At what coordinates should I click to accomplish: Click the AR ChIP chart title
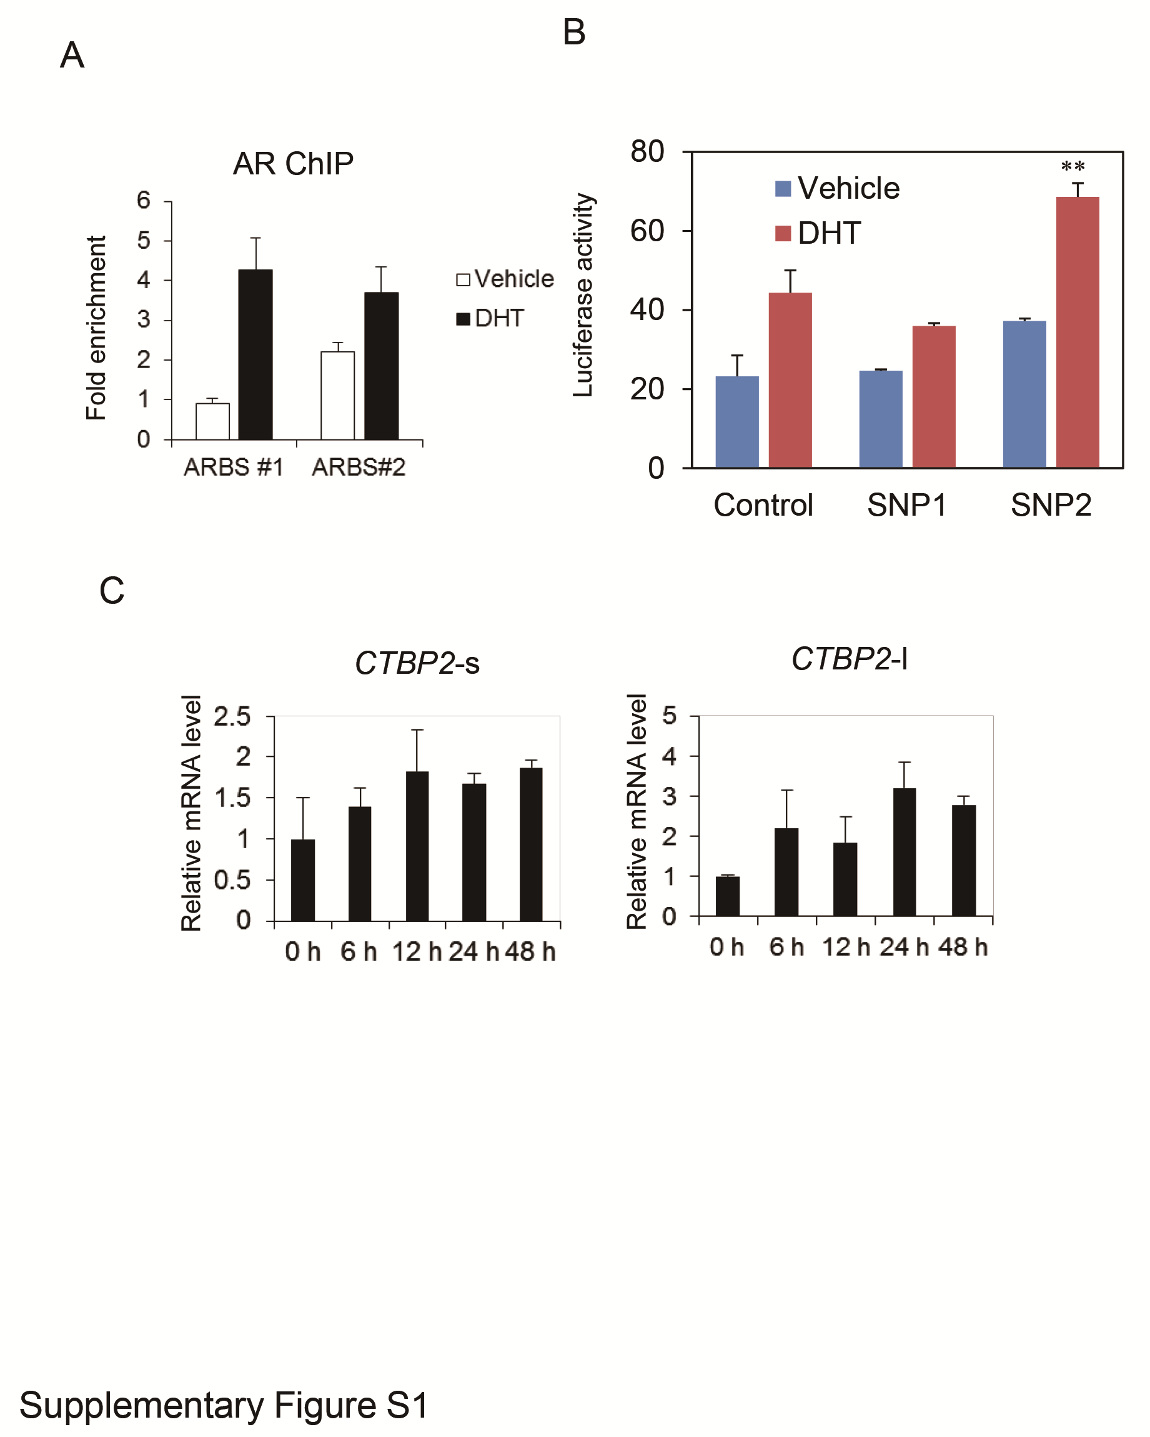(293, 164)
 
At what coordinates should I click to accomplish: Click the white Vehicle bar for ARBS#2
(337, 395)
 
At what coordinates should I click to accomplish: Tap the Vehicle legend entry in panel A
(505, 279)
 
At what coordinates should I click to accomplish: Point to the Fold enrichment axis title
(97, 328)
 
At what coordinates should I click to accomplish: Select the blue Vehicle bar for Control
(736, 421)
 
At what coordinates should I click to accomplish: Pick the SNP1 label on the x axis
(906, 505)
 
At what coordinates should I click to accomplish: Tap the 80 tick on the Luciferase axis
(647, 152)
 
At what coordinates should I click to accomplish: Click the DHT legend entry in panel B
(819, 233)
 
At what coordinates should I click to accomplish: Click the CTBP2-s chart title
(417, 663)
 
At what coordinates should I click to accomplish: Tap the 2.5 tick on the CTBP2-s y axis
(232, 717)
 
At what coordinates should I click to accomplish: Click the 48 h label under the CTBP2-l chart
(962, 946)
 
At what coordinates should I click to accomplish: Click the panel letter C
(112, 591)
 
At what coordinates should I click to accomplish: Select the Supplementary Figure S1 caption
(224, 1406)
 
